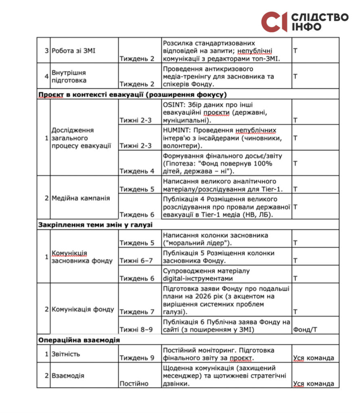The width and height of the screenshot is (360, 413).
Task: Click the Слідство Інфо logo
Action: click(x=304, y=22)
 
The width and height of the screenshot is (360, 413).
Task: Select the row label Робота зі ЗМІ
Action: click(x=68, y=50)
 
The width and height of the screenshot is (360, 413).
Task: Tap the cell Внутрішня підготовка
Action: click(x=69, y=76)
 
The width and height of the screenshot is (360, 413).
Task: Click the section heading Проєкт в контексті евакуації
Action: click(x=133, y=95)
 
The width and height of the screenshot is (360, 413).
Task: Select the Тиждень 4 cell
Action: click(x=137, y=171)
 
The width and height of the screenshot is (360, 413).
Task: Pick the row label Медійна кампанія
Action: click(x=76, y=198)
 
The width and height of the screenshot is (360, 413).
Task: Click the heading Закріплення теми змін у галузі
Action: click(x=95, y=225)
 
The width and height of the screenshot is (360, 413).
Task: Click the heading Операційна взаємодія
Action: click(x=79, y=340)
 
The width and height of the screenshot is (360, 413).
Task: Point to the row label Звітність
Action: click(x=66, y=354)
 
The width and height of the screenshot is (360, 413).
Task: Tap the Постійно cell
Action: click(x=134, y=384)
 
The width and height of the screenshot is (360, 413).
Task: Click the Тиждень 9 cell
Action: click(x=137, y=358)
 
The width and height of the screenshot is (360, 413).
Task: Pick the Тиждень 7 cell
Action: click(x=137, y=312)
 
